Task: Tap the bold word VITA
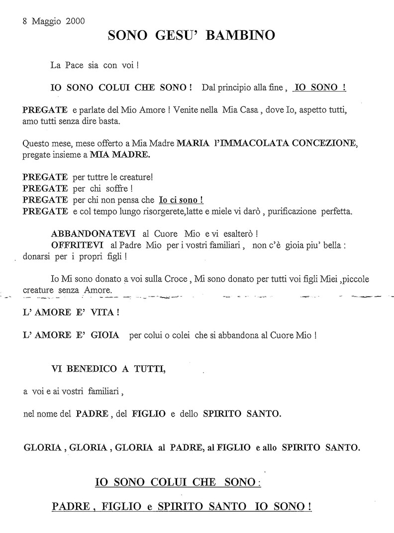[x=100, y=313]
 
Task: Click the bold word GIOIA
[x=104, y=335]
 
